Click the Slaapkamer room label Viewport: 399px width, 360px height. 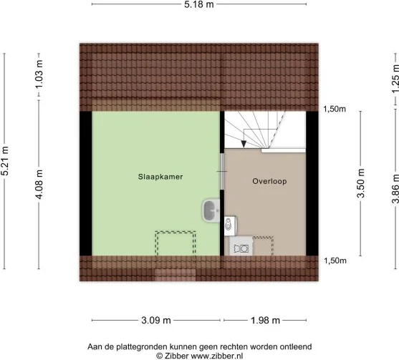(160, 177)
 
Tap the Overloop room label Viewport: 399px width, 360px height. (269, 181)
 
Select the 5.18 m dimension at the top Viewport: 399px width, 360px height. (199, 4)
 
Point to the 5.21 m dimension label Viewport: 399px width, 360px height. (5, 161)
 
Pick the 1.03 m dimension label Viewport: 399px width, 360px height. (39, 74)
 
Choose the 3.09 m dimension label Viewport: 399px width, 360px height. (156, 321)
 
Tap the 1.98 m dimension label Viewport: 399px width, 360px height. (266, 321)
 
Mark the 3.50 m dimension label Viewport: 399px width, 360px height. (361, 183)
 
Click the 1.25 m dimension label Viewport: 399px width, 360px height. (395, 79)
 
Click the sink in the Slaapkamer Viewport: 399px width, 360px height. (211, 210)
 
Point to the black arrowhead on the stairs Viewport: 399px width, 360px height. (244, 144)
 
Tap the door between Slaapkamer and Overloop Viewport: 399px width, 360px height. (222, 171)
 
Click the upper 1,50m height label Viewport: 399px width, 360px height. (335, 109)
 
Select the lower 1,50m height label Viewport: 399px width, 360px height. (335, 261)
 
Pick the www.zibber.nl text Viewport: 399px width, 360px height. (217, 356)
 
